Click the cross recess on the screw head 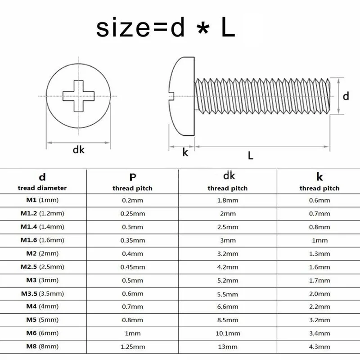78,96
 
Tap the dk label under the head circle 78,150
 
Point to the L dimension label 251,155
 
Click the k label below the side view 185,152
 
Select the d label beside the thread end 346,96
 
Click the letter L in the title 228,28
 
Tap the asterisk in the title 203,29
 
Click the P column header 133,177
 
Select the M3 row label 42,280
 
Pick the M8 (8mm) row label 42,346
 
